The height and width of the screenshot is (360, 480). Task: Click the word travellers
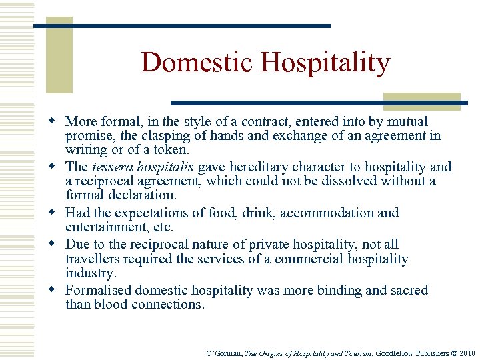(x=93, y=259)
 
